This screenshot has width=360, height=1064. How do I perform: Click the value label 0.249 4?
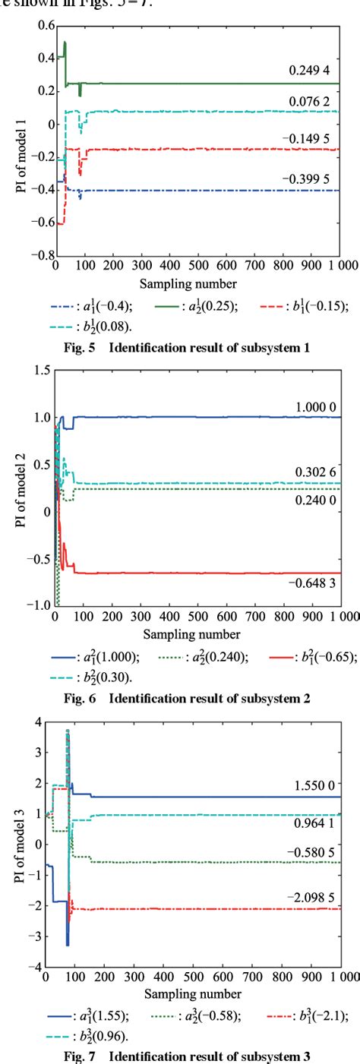coord(309,70)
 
